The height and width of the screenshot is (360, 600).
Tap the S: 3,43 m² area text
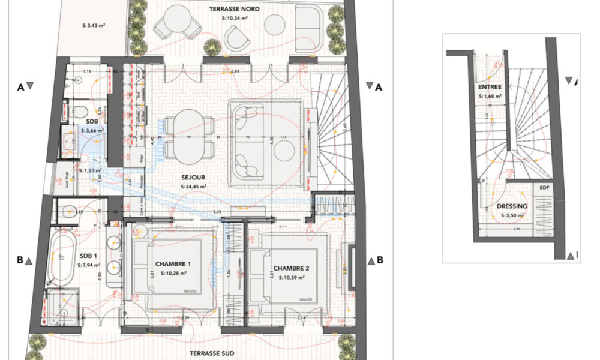[93, 26]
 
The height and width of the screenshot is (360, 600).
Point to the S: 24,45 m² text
[193, 187]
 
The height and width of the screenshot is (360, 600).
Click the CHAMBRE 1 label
[173, 265]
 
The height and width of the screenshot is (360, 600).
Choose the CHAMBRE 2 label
[292, 268]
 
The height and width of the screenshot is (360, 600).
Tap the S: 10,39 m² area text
[292, 277]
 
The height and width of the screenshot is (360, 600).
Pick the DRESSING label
[512, 206]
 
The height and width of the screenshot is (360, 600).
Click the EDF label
[544, 188]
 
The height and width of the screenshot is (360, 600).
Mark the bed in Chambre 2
[292, 275]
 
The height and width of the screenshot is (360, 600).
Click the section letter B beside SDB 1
[20, 260]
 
